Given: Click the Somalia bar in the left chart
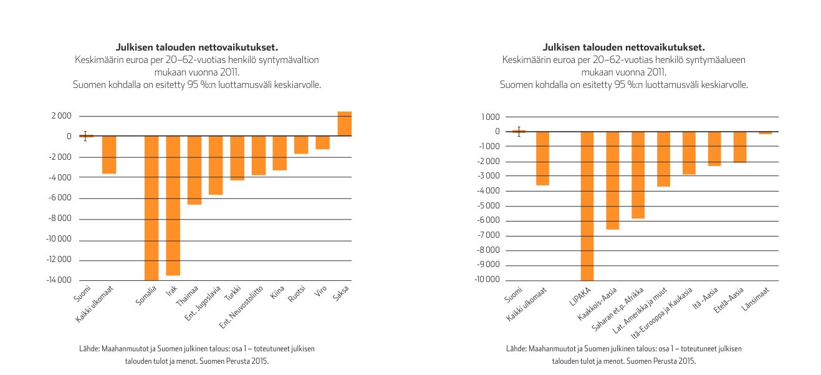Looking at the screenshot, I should (x=151, y=208).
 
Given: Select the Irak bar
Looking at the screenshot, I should (x=173, y=205).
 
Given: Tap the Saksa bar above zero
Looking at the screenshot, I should (x=344, y=124).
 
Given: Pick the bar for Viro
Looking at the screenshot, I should (x=322, y=142).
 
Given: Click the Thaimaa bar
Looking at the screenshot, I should (x=194, y=170).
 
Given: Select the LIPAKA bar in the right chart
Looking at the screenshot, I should (x=588, y=206).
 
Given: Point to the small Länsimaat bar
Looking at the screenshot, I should (x=765, y=133).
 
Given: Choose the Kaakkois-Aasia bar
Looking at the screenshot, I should (x=613, y=180).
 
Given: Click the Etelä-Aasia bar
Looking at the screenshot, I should (x=739, y=147).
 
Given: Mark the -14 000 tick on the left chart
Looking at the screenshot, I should (x=58, y=280).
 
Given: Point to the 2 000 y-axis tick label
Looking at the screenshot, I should (x=60, y=116).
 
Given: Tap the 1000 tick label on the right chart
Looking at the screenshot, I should (x=491, y=117).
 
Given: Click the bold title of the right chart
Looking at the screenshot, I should (x=623, y=47).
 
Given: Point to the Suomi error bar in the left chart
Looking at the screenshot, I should (x=85, y=135).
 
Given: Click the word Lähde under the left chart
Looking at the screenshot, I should (x=80, y=349).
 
